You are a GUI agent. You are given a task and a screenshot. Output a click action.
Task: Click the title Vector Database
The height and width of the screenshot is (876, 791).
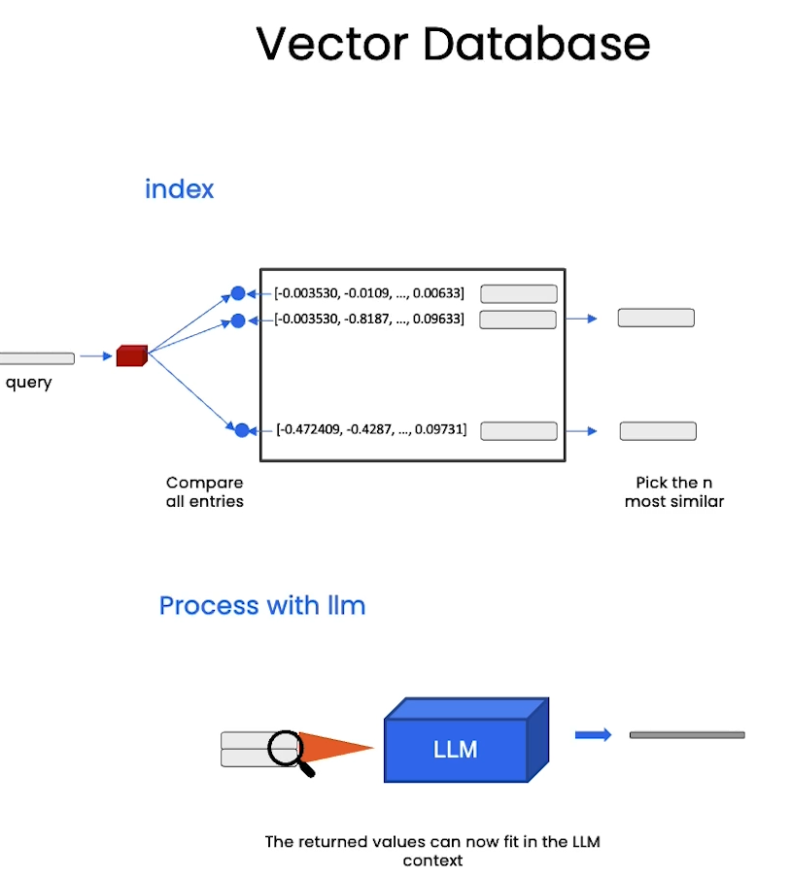click(x=453, y=44)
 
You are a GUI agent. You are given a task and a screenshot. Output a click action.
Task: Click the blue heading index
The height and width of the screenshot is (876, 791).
click(x=180, y=188)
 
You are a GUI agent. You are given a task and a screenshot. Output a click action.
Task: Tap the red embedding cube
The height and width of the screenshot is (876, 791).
click(x=132, y=355)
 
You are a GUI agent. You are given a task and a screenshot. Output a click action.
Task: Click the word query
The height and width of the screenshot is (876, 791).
click(x=28, y=384)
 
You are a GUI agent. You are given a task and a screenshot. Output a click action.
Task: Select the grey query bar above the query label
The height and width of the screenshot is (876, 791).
click(x=37, y=358)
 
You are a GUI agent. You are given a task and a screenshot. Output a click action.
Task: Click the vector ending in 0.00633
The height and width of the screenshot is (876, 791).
click(x=369, y=293)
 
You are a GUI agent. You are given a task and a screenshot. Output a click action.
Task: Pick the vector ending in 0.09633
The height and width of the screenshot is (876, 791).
click(x=369, y=319)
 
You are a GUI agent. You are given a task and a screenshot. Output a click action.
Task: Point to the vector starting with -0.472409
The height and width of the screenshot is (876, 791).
click(x=371, y=429)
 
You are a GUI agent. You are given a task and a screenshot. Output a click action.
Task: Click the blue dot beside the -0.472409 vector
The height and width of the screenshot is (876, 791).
click(x=242, y=430)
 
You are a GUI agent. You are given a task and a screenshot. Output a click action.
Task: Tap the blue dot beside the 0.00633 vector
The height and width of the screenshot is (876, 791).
click(x=238, y=293)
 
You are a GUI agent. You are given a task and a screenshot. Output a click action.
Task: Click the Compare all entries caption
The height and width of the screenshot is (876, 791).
click(x=205, y=491)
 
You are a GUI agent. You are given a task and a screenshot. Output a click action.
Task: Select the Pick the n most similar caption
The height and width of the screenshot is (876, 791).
click(x=674, y=491)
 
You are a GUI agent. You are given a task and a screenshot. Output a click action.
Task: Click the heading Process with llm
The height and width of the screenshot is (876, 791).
click(x=262, y=606)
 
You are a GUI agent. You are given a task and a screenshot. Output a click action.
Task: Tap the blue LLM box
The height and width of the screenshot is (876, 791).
click(x=466, y=740)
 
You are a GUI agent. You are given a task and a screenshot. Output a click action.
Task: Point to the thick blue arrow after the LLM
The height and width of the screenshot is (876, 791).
click(x=593, y=734)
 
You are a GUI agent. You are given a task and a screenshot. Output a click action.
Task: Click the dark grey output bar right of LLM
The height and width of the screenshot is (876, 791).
click(x=687, y=735)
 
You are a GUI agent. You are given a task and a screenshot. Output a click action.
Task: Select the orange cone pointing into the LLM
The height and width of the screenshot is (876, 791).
click(x=335, y=747)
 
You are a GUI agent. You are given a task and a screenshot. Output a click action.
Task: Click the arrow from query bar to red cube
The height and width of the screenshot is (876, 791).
click(x=96, y=355)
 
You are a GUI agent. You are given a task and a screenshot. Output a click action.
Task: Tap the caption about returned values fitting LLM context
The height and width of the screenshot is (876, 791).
click(x=432, y=851)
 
